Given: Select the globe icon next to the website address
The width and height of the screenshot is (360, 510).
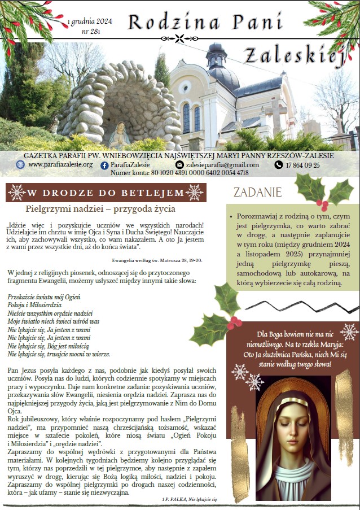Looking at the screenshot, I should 21,165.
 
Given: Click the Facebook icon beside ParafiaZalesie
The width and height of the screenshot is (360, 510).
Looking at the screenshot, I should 104,165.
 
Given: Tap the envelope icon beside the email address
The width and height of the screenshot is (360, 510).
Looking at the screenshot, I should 180,165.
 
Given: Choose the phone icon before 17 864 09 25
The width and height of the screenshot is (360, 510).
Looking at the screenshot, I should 278,165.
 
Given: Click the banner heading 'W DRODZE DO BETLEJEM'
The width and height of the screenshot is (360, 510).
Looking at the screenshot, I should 106,193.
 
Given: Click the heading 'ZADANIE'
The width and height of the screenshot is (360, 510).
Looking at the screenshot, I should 257,192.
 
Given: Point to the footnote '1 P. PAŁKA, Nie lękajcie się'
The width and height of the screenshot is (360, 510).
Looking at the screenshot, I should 189,500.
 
